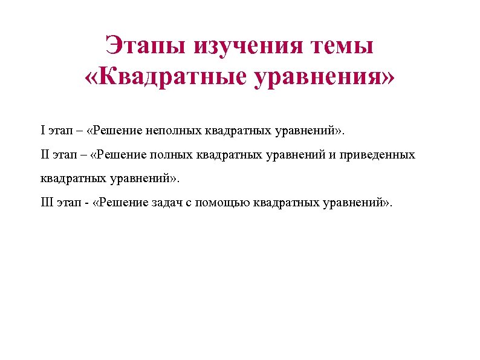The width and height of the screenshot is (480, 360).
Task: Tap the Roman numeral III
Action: point(47,202)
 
